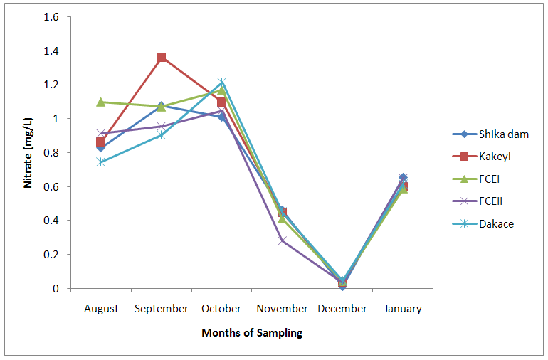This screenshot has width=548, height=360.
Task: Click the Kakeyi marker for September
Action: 162,58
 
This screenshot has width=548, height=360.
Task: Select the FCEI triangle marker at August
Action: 101,102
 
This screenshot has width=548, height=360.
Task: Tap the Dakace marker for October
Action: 222,83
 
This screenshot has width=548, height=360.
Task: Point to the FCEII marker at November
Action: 283,240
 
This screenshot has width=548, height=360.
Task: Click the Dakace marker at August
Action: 101,162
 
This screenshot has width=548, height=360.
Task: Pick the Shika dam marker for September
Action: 162,106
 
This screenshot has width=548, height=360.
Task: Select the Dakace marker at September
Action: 162,134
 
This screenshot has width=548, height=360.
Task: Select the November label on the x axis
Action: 283,309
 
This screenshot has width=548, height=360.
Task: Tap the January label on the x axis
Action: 403,309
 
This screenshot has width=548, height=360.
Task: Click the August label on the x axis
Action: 101,309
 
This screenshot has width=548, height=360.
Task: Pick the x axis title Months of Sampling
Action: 252,333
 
